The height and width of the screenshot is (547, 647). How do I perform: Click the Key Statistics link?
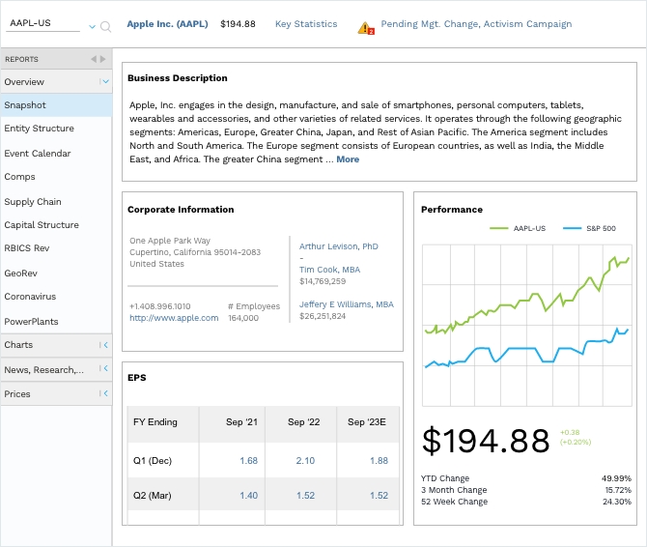tap(306, 24)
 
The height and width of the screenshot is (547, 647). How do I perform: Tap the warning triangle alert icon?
tap(366, 26)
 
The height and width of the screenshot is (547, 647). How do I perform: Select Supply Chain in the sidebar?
tap(33, 202)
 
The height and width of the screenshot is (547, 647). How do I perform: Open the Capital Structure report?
tap(42, 225)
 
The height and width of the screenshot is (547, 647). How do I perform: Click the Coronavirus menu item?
tap(30, 297)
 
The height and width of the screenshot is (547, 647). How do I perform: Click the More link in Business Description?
tap(348, 159)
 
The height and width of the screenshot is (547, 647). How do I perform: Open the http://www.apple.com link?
tap(174, 318)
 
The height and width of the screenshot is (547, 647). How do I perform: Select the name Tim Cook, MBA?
tap(329, 270)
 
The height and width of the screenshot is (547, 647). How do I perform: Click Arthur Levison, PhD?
tap(338, 246)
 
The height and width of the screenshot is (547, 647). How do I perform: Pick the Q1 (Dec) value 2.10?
tap(304, 461)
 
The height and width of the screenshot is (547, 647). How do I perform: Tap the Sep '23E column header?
tap(367, 422)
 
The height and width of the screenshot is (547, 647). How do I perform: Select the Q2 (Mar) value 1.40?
tap(248, 496)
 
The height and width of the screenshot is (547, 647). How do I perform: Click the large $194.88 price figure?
tap(486, 440)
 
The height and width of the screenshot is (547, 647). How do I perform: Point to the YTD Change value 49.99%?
tap(615, 478)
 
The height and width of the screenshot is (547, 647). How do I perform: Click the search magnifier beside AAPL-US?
tap(105, 27)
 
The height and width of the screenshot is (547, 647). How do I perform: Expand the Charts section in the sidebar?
tap(56, 345)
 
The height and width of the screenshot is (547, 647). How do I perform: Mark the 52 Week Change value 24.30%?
tap(615, 502)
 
